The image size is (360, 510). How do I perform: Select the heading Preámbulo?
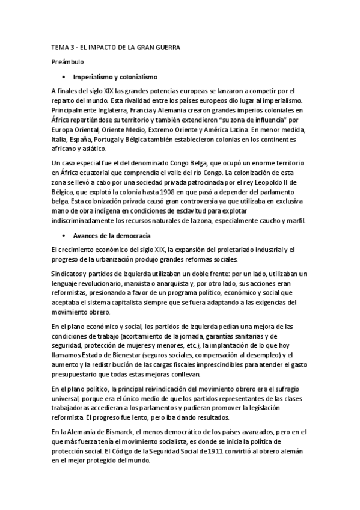(x=66, y=61)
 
